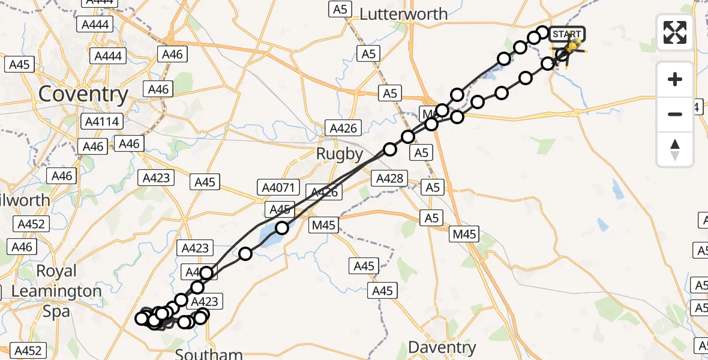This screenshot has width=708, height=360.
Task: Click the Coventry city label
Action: coord(83,94)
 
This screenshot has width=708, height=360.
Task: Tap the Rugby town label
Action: coord(340,154)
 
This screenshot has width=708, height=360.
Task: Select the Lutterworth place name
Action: coord(403,14)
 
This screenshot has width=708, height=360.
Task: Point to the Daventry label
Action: coord(442,347)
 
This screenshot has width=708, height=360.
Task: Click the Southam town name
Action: coord(209,353)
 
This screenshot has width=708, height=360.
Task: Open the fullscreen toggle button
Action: coord(675,32)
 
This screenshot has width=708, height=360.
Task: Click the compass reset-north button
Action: coord(675,149)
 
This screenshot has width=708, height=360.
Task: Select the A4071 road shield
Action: coord(278,188)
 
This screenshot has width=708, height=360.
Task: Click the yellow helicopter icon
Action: coord(574,46)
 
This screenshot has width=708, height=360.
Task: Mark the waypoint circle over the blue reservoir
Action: coord(281,228)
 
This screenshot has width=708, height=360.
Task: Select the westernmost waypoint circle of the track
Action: coord(142,319)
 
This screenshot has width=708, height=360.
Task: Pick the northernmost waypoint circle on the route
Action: coord(542,32)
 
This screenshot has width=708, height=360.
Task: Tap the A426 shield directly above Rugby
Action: coord(344,128)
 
